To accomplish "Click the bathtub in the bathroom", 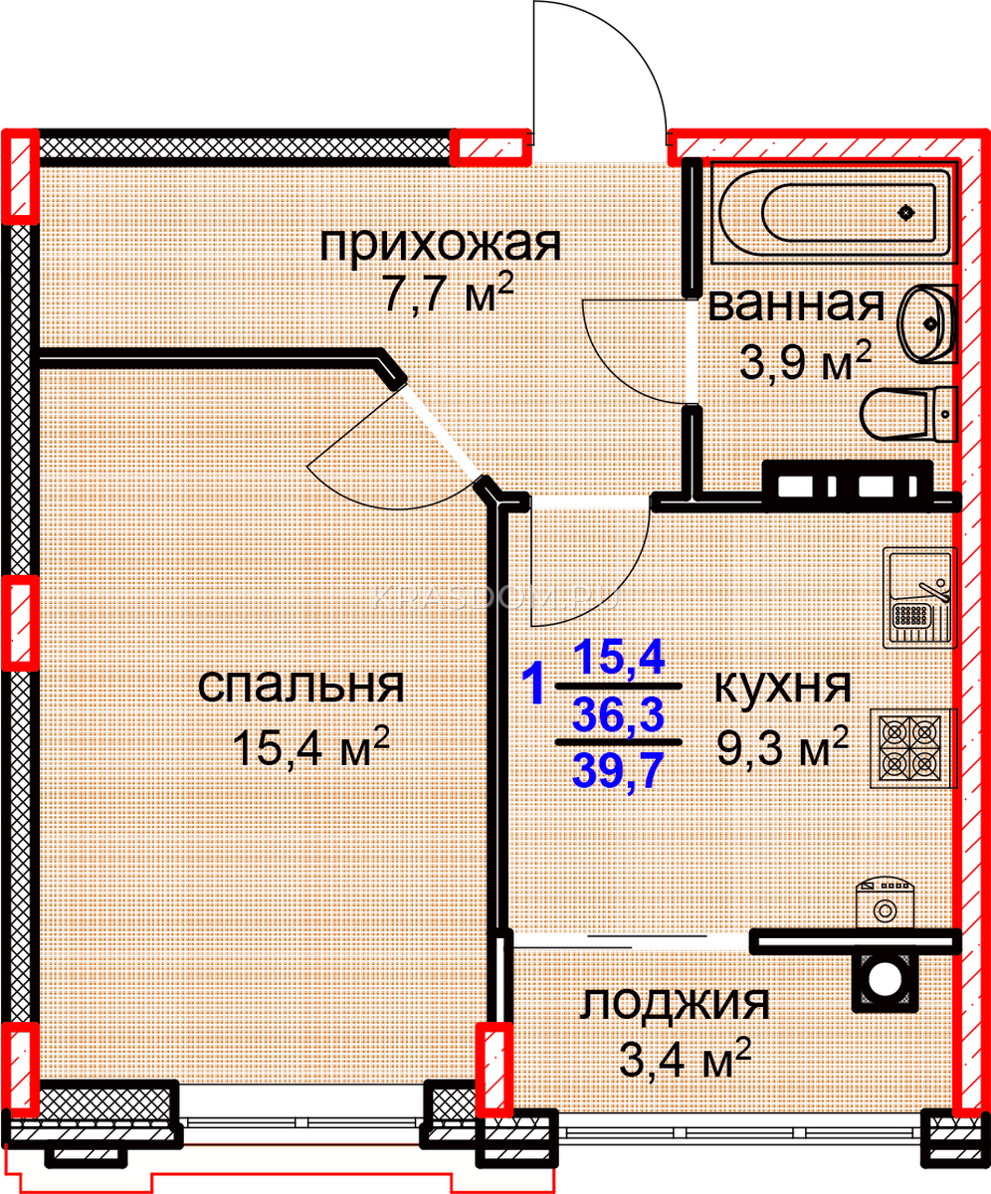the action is tap(834, 213).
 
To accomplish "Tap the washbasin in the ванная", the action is tap(927, 323).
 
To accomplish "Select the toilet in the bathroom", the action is tap(908, 415).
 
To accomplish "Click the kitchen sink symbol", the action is tap(919, 598).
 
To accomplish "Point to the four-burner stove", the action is tap(913, 748).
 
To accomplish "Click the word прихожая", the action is tap(441, 245).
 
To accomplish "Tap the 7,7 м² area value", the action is tap(450, 292).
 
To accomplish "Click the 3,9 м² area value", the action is tap(805, 361).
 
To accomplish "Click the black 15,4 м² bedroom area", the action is tap(311, 746).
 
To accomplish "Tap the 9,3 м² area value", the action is tap(782, 746).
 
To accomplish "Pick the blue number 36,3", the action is tap(618, 714).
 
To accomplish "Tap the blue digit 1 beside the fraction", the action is tap(533, 683).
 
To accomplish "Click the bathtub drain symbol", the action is tap(906, 213).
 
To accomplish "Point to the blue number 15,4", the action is tap(619, 658).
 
